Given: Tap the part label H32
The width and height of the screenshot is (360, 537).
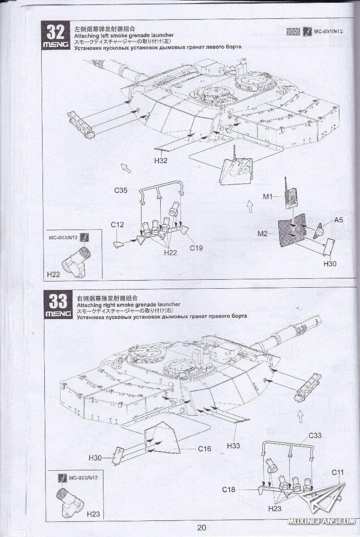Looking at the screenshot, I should [x=161, y=161].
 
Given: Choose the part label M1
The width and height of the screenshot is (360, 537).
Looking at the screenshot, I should [x=268, y=196].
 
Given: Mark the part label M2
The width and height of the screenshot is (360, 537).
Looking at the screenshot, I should [x=263, y=233].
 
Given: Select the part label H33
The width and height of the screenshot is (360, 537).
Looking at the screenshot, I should [x=233, y=446].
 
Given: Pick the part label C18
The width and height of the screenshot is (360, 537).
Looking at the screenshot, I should [x=229, y=490].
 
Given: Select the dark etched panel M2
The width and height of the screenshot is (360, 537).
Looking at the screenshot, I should [x=291, y=231].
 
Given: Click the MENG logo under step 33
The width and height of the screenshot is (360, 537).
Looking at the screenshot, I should [x=58, y=314].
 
